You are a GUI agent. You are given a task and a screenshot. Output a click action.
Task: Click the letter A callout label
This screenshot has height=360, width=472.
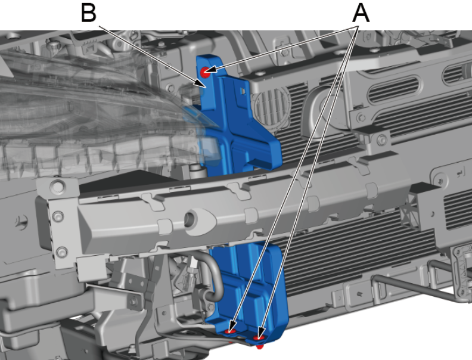(361, 13)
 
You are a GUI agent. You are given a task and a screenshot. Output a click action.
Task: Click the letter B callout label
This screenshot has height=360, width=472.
(88, 13)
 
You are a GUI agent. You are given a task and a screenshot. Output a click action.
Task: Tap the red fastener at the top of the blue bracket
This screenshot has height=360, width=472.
(205, 72)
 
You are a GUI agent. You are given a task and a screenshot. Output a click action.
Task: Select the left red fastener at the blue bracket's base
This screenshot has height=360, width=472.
(230, 331)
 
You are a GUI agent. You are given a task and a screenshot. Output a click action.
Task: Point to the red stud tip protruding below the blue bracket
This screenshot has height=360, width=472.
(259, 347)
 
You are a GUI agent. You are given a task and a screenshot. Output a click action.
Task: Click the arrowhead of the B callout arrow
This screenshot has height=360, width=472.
(201, 83)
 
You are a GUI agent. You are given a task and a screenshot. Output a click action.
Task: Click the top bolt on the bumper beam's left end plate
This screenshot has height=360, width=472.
(58, 186)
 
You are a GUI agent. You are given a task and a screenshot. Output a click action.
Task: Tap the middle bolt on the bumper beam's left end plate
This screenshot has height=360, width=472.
(58, 216)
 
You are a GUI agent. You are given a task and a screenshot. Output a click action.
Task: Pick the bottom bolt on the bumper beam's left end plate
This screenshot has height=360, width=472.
(62, 252)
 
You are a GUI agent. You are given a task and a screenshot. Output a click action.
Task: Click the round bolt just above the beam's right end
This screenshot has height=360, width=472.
(381, 140)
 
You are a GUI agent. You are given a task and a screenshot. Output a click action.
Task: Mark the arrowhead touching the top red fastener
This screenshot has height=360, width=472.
(212, 69)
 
